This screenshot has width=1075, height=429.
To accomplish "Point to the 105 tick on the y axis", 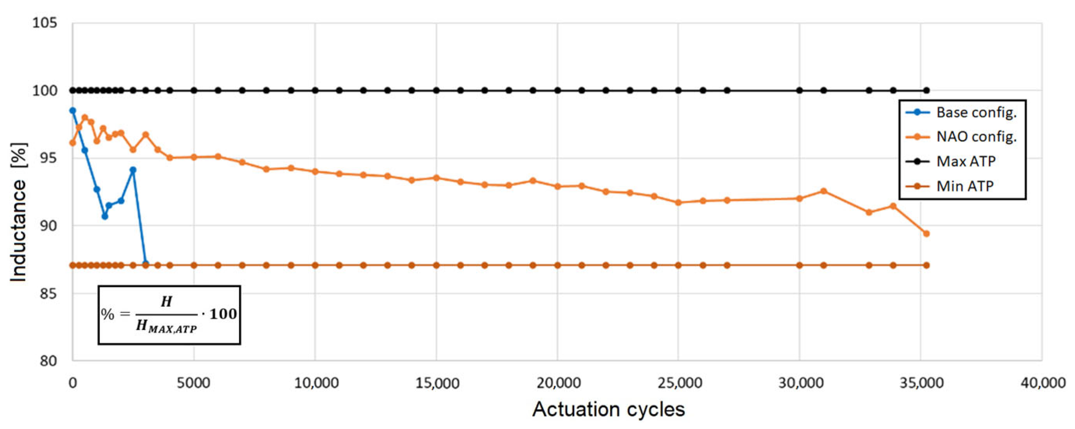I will (45, 23).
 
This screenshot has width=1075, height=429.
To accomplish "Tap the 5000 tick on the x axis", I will (193, 383).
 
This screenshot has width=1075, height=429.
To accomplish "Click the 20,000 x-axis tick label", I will (558, 383).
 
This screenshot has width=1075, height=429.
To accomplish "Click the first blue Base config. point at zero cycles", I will (73, 111).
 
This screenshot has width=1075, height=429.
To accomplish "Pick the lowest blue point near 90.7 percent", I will (105, 216).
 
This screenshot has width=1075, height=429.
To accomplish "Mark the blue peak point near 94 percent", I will (133, 170).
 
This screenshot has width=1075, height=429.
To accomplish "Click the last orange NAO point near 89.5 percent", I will (926, 234).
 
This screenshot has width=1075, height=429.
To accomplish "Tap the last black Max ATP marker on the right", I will (926, 90).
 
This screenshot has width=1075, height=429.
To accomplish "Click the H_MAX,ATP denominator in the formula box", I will (166, 326).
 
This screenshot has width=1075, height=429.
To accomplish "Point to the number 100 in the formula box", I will (223, 314).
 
